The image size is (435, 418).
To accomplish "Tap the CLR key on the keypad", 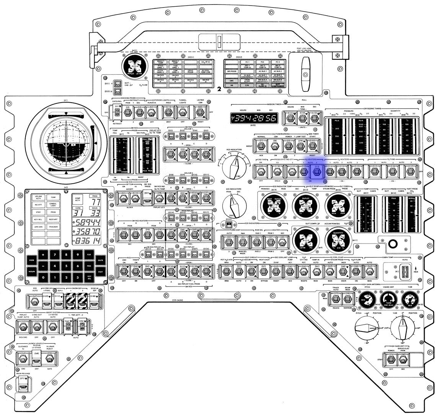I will (89, 255).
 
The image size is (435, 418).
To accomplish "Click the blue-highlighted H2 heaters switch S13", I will (316, 171).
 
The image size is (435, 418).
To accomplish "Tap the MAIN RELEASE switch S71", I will (23, 388).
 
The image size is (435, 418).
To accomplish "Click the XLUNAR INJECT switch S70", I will (49, 359).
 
